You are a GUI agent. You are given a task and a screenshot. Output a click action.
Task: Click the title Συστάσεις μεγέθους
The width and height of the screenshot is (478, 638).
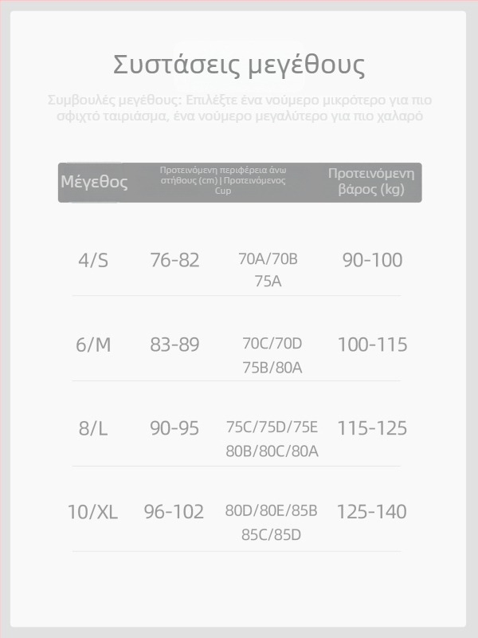coord(239,65)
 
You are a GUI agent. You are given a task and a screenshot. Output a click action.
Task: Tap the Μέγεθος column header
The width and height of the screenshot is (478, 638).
coord(94,182)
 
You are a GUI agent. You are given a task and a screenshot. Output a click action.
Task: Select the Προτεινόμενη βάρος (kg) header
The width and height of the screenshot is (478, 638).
coord(371,182)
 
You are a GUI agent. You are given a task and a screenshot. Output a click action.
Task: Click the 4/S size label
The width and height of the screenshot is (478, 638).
coord(93,260)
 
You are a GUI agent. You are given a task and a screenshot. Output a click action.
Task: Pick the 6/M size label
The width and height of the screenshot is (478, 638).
coord(93,345)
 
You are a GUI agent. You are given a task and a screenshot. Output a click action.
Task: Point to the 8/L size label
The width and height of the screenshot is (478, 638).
coord(93,428)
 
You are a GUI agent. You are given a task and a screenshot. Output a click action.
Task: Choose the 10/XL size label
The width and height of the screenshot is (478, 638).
coord(92,512)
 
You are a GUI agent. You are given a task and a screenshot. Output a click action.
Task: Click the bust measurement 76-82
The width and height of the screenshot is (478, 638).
coord(174,260)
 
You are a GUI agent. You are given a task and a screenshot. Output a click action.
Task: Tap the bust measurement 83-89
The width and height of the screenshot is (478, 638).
coord(174,345)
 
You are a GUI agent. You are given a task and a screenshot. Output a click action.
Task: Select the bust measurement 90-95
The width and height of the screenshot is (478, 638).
coord(174,428)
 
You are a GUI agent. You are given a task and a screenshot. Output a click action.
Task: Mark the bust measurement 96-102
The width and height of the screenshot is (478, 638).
coord(174,512)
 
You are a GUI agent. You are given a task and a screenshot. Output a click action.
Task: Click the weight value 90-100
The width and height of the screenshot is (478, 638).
coord(372,260)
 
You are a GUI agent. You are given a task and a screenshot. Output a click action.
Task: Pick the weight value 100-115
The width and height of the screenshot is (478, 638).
coord(372,345)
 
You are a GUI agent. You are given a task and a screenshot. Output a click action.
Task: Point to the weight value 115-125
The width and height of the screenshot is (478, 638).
coord(372,428)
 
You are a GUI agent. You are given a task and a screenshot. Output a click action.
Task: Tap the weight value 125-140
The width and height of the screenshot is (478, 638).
coord(372,512)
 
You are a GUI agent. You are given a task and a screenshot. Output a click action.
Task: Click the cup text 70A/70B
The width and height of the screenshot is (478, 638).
coord(268,259)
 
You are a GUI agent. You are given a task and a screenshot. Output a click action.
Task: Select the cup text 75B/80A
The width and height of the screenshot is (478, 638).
coord(272,368)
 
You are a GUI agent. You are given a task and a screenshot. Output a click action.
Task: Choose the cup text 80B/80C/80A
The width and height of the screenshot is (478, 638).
coord(272,451)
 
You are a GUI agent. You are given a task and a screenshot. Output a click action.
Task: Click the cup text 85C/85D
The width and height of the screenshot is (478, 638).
coord(272,534)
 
